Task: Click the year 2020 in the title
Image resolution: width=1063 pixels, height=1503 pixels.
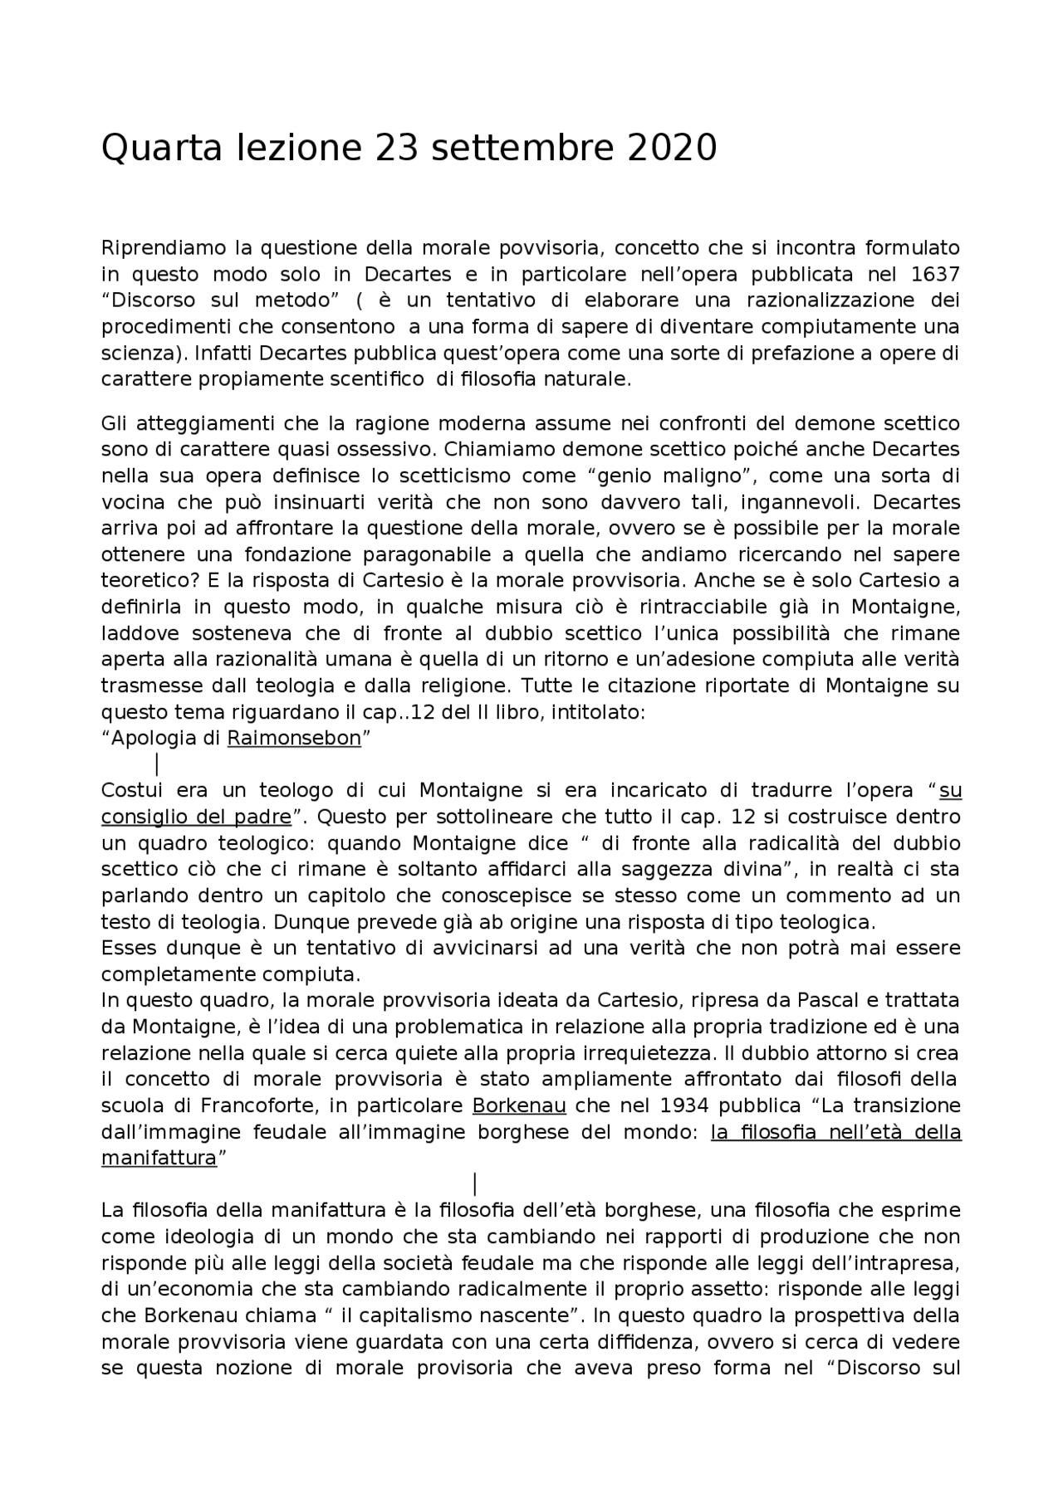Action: pyautogui.click(x=672, y=149)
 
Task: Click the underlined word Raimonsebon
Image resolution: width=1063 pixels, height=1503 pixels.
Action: pyautogui.click(x=294, y=739)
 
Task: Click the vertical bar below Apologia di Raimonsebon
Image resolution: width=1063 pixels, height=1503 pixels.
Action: pyautogui.click(x=158, y=764)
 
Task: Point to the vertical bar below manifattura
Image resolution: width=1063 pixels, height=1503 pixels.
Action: pyautogui.click(x=474, y=1183)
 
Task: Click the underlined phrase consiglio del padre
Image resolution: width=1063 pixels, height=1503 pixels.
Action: pyautogui.click(x=196, y=817)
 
